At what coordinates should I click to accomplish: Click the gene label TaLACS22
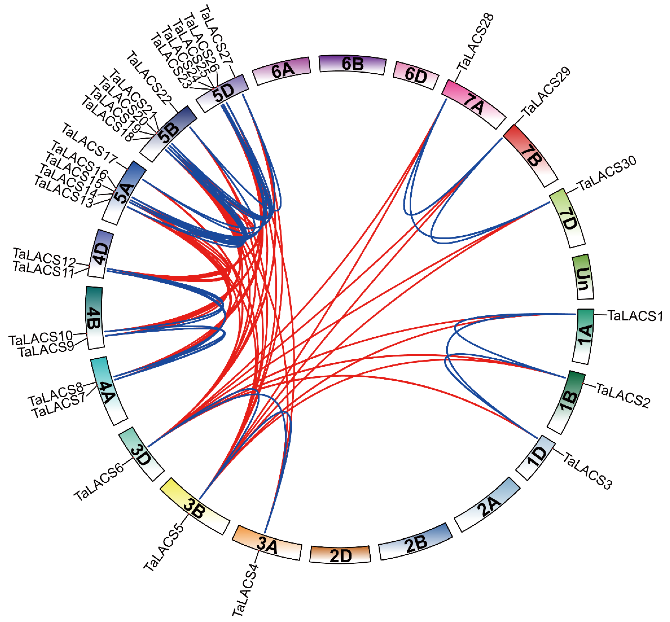click(x=149, y=77)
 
